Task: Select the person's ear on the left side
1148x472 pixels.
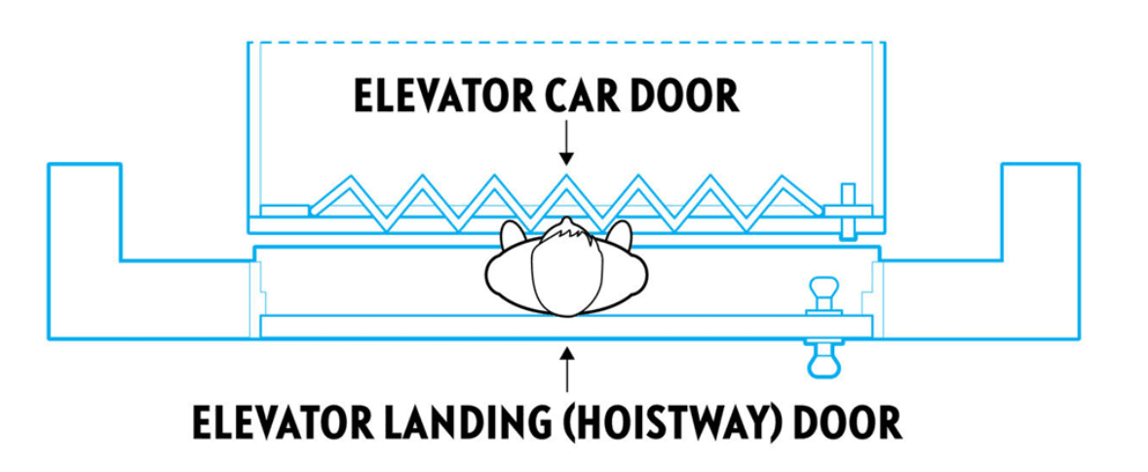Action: coord(511,234)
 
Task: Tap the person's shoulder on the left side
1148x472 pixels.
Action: coord(507,283)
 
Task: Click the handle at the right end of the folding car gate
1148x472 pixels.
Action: coord(847,209)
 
